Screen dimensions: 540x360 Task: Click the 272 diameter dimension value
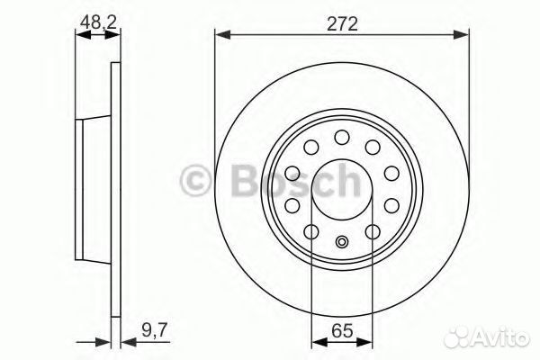(x=342, y=24)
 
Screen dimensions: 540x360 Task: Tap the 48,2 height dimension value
(x=98, y=22)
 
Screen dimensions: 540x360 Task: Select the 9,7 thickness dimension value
(x=154, y=330)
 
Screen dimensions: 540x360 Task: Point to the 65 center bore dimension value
(x=342, y=331)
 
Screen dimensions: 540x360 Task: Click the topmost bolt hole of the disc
(x=342, y=137)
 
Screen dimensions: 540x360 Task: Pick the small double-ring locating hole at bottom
(x=342, y=242)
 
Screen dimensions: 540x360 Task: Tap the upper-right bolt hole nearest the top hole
(x=373, y=147)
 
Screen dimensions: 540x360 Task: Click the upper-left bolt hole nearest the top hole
(x=311, y=147)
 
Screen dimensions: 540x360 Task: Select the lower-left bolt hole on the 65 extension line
(x=311, y=232)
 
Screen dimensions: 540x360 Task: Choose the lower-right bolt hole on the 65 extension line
(x=373, y=232)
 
